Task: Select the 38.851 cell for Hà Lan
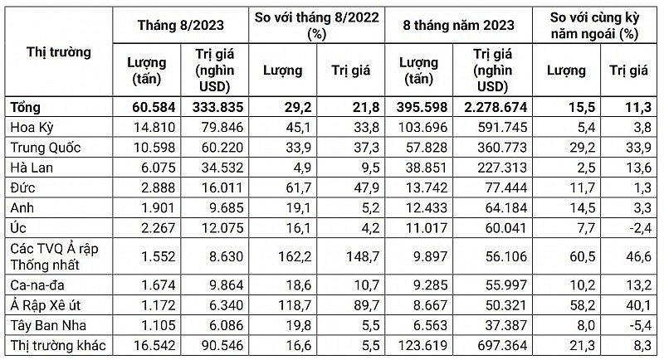pos(427,163)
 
